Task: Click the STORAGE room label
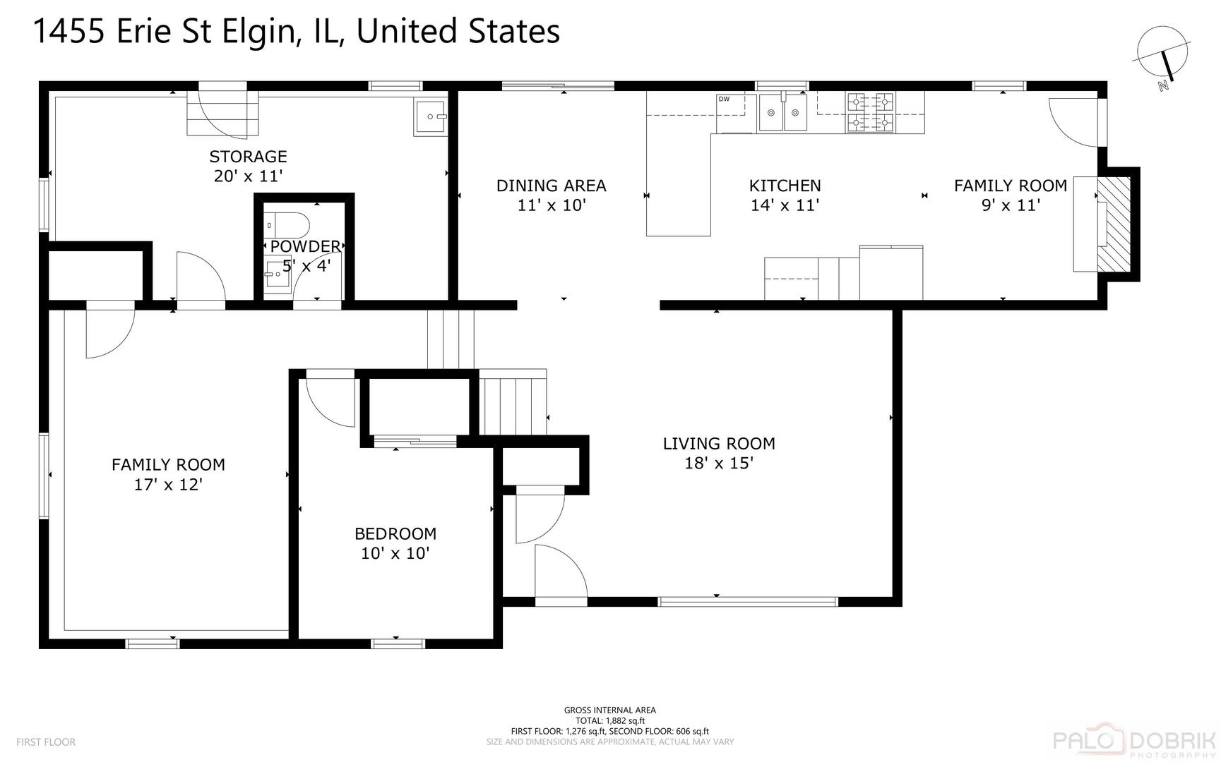(248, 157)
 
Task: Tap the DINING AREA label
(551, 186)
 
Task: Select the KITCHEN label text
(785, 186)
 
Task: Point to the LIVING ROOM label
(719, 444)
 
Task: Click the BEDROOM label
(395, 534)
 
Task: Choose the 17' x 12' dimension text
(168, 485)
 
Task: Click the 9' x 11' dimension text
(1011, 205)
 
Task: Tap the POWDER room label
(305, 246)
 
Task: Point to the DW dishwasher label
(724, 99)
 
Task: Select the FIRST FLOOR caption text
(46, 742)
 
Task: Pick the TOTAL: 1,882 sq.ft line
(610, 720)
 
